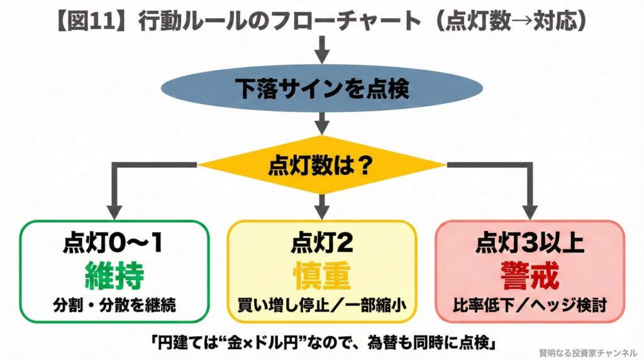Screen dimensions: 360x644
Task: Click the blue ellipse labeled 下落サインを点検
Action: point(322,89)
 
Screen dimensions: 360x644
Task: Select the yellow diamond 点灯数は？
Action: point(322,166)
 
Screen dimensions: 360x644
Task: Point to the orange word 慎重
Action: point(322,275)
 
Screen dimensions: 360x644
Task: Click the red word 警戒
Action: point(530,275)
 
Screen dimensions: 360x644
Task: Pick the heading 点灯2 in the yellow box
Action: point(322,244)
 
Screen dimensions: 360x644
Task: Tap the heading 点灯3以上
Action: point(530,244)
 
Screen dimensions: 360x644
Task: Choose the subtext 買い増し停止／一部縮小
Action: point(322,305)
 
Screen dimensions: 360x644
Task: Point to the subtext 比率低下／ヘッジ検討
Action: point(530,305)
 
